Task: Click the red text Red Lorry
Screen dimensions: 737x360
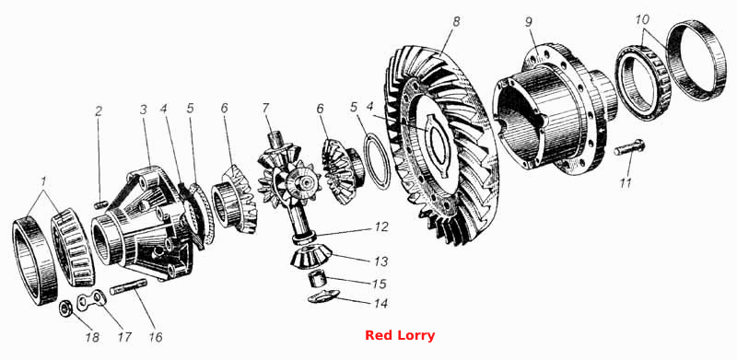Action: [400, 335]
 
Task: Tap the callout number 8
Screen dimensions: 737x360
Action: [457, 21]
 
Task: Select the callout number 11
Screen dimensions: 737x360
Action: [626, 183]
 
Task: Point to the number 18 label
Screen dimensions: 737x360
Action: [93, 337]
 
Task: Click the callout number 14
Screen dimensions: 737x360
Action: [381, 304]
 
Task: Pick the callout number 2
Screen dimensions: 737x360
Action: [99, 111]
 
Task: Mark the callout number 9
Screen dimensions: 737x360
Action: [529, 23]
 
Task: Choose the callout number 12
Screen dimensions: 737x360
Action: [381, 227]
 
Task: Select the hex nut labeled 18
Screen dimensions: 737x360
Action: [64, 308]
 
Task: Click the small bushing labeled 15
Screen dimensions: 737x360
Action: [317, 279]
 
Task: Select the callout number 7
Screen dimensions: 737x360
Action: [265, 109]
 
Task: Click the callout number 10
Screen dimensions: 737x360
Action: [642, 20]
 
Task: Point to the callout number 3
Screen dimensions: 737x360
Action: [144, 110]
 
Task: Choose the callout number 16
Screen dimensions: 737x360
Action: [156, 337]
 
